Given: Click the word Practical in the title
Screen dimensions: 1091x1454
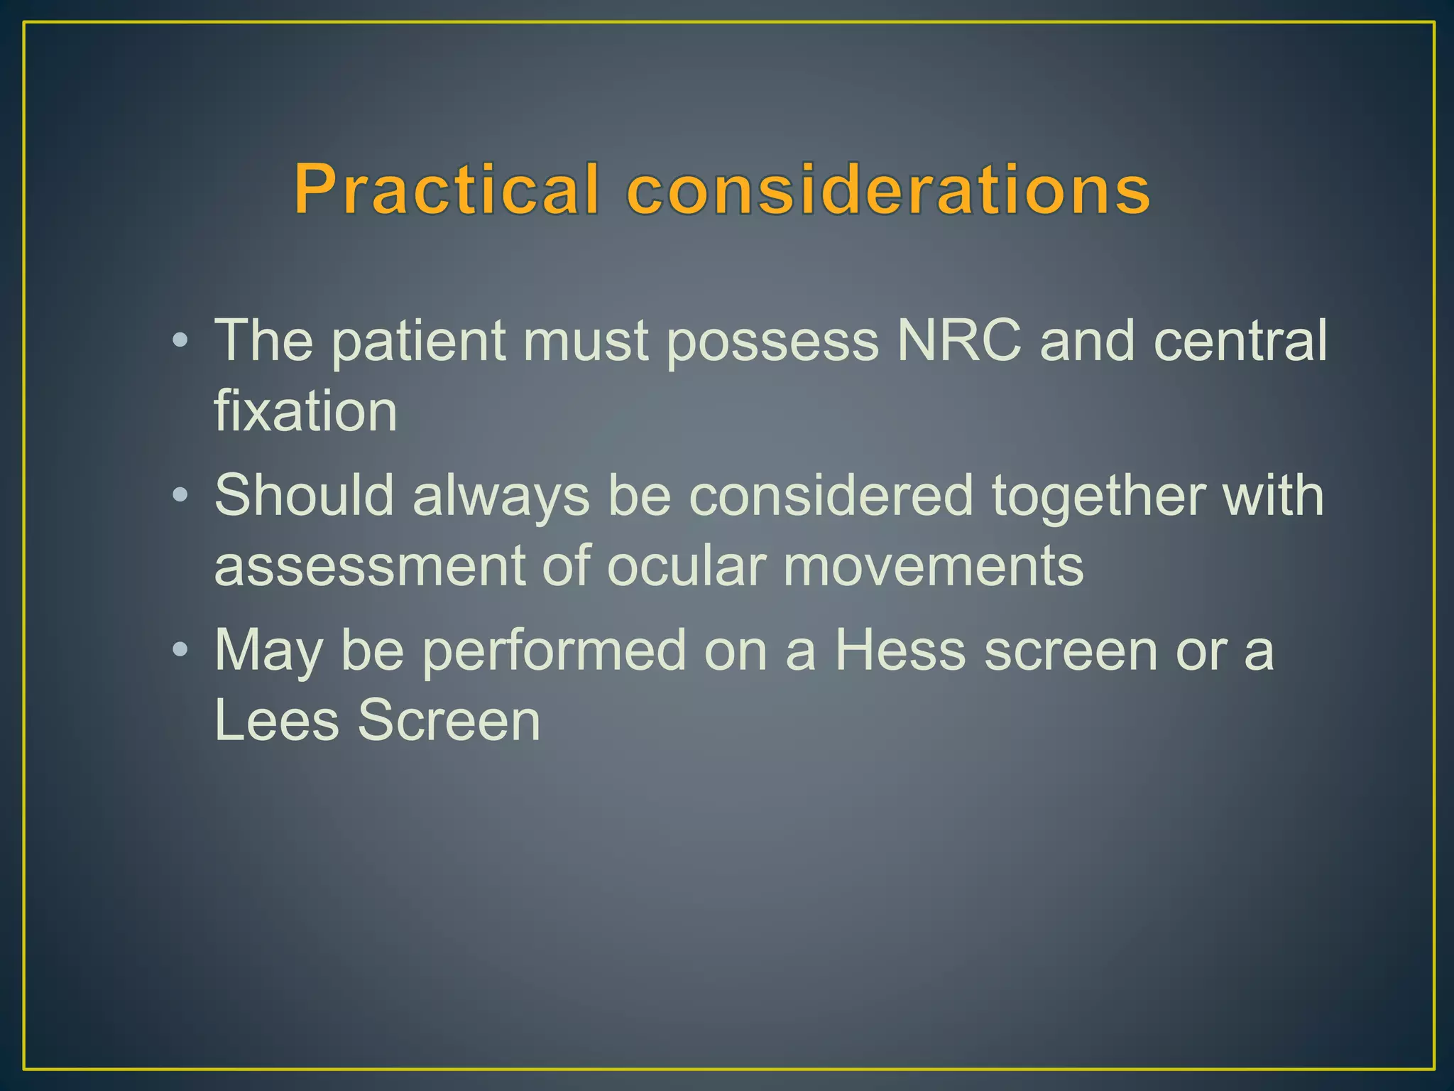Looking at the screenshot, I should (x=447, y=189).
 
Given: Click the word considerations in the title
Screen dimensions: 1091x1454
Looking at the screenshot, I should (x=888, y=189).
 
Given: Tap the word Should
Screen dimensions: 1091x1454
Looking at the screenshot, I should (x=304, y=495).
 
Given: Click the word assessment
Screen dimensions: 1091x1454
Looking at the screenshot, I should (x=368, y=566).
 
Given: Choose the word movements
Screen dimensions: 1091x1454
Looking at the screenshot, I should (x=934, y=566).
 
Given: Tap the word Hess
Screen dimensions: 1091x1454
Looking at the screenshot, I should (x=900, y=650).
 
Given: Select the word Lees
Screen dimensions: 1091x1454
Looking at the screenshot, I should (x=276, y=720).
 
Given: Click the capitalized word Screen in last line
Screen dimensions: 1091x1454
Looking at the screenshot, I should (x=449, y=720).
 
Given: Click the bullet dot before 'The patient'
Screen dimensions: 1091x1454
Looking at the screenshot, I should (x=180, y=340).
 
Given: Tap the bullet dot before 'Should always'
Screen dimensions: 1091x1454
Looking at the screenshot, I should (x=180, y=494).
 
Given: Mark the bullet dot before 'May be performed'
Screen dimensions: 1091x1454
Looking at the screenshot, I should (x=180, y=649).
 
